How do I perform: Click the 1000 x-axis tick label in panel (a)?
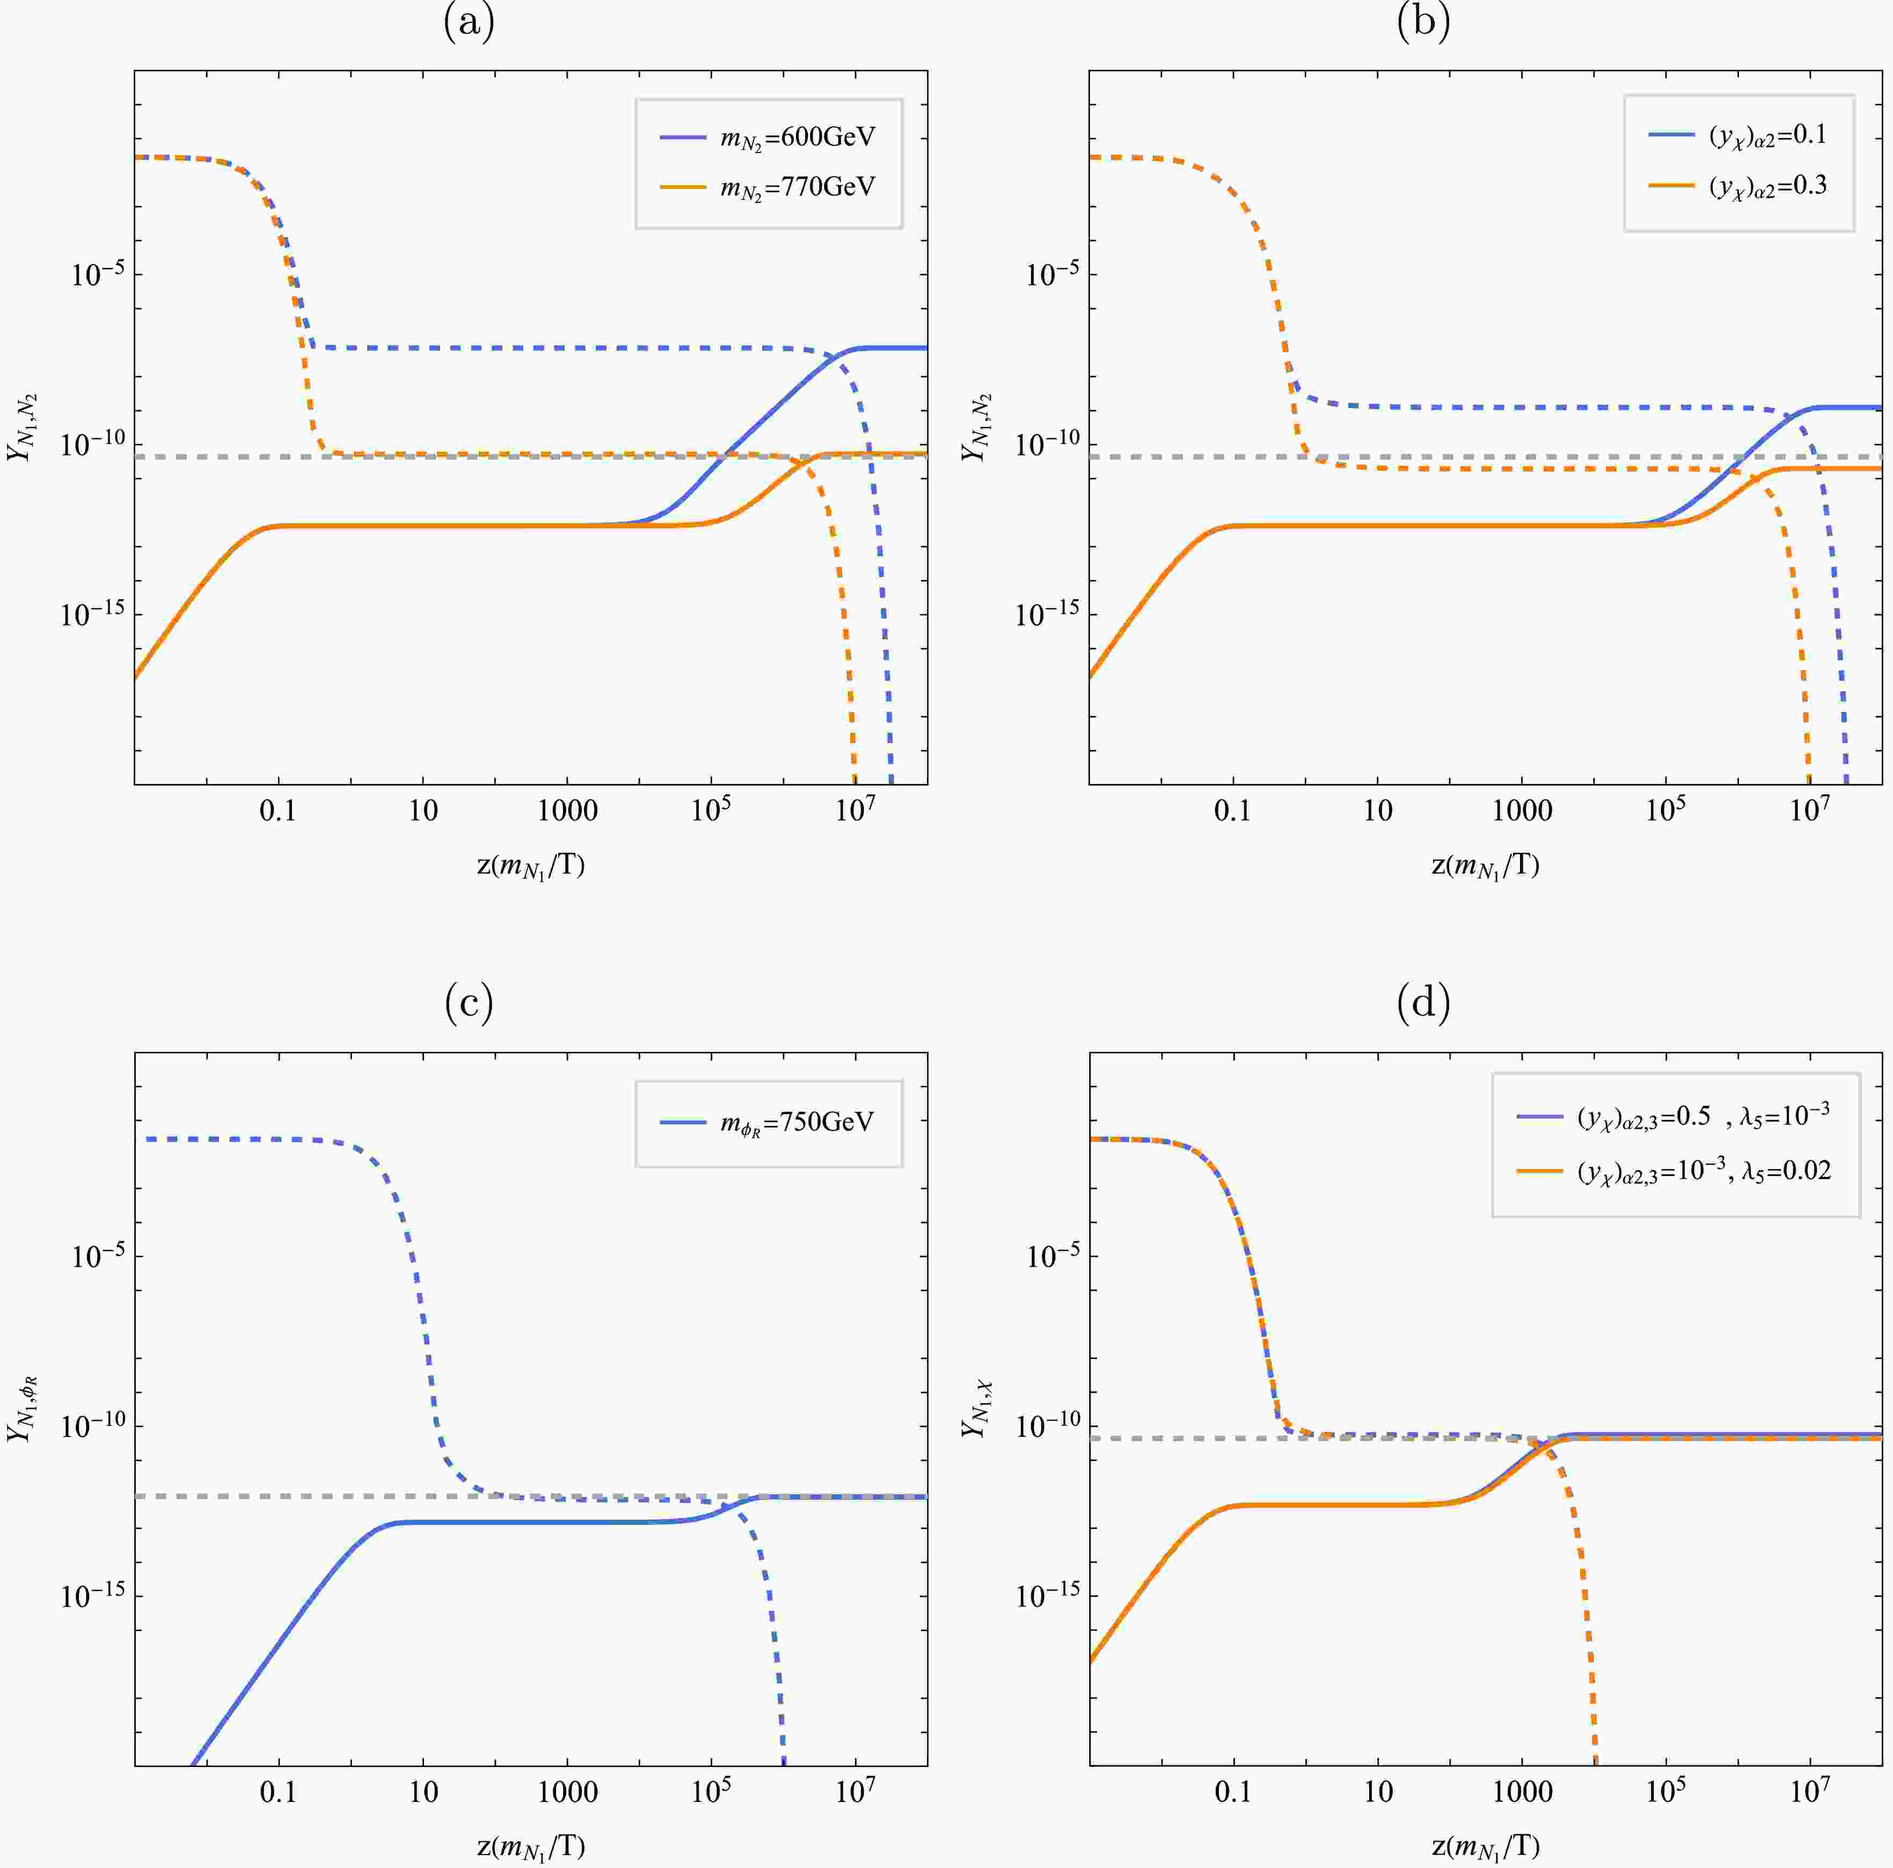point(567,811)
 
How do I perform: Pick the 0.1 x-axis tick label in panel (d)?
point(1233,1792)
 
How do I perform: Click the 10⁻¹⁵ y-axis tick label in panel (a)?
point(92,614)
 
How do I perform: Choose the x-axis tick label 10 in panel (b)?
point(1378,811)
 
